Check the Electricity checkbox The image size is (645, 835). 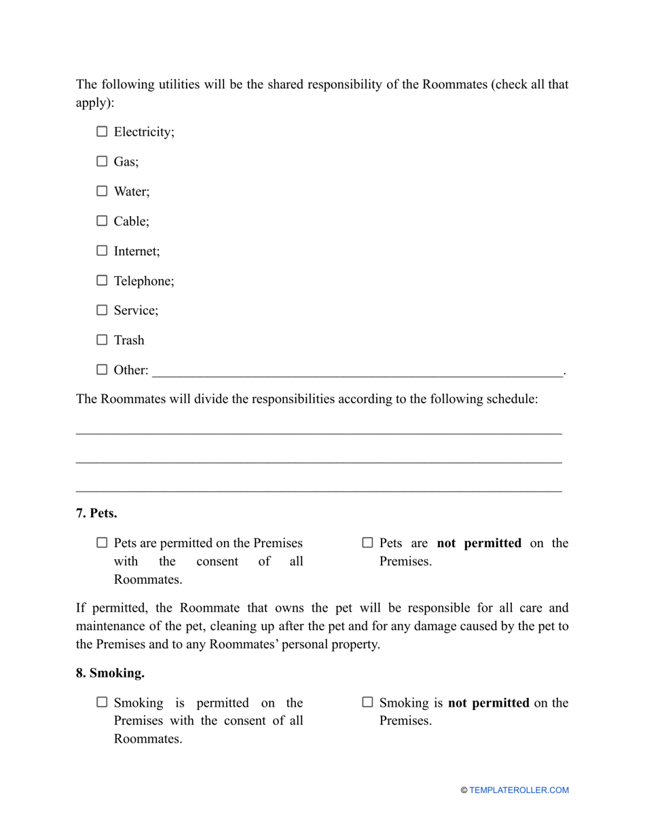point(102,132)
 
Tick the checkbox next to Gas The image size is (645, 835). point(102,162)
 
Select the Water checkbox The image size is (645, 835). point(102,191)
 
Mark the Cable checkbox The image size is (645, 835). point(102,221)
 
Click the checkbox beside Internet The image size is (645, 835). point(102,250)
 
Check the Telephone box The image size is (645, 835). point(102,280)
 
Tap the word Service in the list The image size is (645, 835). point(136,310)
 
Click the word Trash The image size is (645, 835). point(129,340)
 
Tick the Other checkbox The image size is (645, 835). point(102,370)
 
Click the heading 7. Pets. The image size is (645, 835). point(96,513)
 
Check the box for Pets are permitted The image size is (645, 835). point(102,543)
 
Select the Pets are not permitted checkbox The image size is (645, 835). point(367,543)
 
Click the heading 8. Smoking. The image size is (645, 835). point(110,673)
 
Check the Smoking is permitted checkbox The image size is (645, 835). point(102,703)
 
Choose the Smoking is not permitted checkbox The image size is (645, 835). point(367,703)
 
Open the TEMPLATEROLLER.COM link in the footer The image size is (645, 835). point(519,790)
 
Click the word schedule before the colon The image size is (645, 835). point(511,399)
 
